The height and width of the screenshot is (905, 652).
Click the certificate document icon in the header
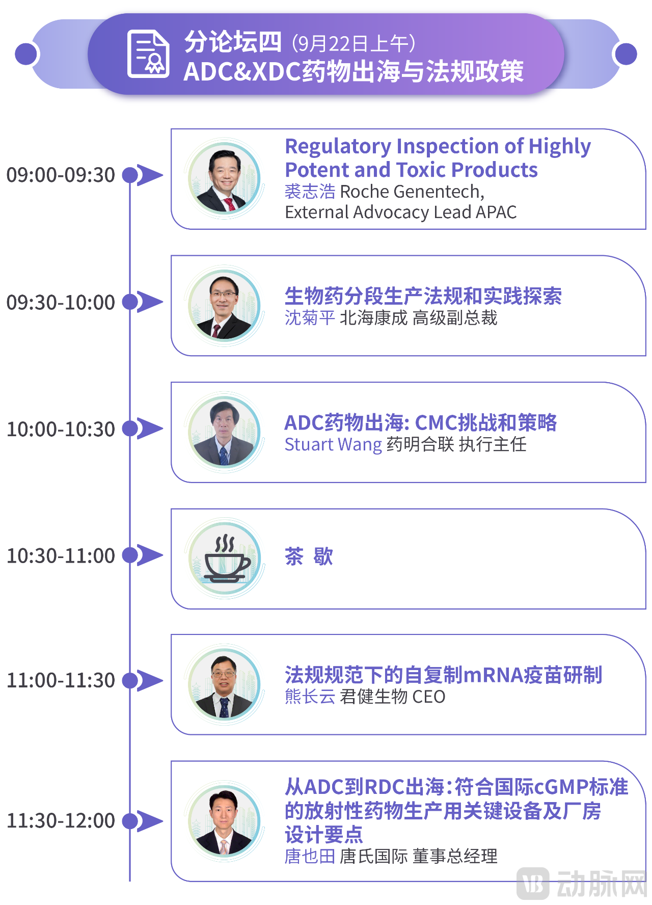(x=148, y=54)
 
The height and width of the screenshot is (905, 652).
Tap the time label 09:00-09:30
(x=61, y=175)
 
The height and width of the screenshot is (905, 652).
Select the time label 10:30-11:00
(x=61, y=556)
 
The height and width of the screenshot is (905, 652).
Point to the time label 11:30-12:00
(x=61, y=821)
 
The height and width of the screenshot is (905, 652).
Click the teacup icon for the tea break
(x=225, y=559)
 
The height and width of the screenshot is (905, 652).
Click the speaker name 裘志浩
(x=310, y=192)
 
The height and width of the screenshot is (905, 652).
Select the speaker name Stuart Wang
(x=333, y=444)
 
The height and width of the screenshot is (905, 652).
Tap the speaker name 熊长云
(x=310, y=697)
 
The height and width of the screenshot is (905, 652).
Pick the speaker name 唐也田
(x=310, y=857)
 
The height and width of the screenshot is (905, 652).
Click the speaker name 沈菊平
(x=310, y=318)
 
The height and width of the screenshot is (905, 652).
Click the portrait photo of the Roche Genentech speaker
(x=225, y=179)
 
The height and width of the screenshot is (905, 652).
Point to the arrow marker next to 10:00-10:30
(x=149, y=429)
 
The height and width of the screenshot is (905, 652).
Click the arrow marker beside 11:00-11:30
(x=149, y=681)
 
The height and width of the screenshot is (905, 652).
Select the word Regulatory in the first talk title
(x=338, y=147)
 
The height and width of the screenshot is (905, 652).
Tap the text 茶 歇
(x=309, y=556)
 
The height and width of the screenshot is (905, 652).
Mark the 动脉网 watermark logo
(x=581, y=883)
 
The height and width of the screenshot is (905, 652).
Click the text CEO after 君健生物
(x=429, y=697)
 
